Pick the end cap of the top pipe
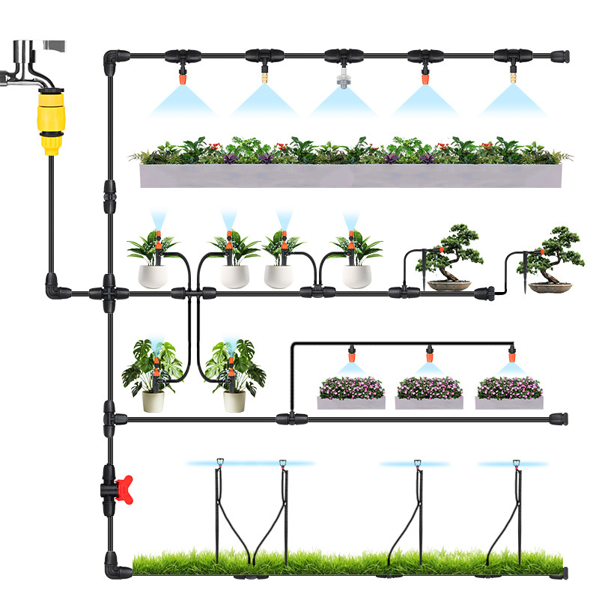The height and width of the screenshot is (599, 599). coord(559,55)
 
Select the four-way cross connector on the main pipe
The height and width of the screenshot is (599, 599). coord(109,292)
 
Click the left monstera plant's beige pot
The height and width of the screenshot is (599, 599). coord(153,401)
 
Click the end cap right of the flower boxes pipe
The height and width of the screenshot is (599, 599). coord(559,418)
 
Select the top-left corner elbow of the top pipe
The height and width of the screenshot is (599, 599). coord(112,57)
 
